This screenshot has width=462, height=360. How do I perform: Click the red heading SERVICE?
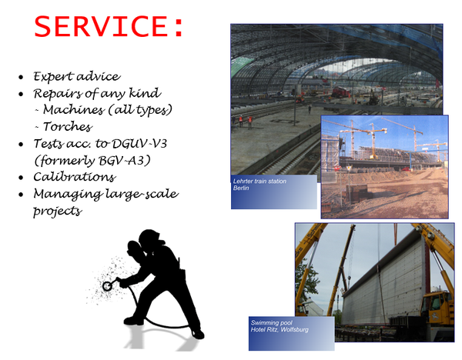(109, 26)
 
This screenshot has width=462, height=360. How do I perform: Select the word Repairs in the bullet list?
(58, 94)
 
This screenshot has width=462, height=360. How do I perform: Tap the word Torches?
(68, 127)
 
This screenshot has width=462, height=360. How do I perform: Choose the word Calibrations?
(74, 177)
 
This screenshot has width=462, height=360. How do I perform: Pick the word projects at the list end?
(58, 212)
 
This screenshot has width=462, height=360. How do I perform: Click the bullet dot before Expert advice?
(21, 78)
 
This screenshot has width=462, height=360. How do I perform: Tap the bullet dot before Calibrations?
(21, 178)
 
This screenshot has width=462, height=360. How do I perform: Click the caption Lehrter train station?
(259, 182)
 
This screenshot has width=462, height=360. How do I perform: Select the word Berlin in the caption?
(241, 188)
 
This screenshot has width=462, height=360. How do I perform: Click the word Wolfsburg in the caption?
(294, 329)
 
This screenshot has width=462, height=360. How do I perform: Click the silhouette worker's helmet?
(151, 238)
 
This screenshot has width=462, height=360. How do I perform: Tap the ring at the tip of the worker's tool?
(107, 286)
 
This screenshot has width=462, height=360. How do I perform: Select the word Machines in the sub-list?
(73, 110)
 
